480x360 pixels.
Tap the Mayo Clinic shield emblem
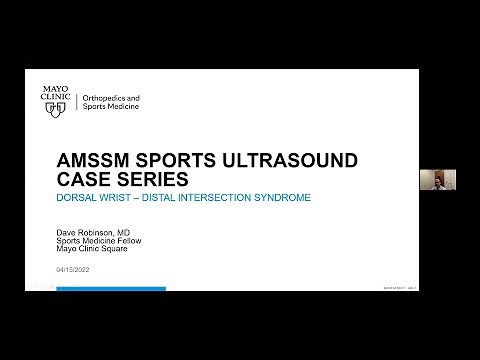[x=57, y=106]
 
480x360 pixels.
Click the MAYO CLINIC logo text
[x=56, y=90]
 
